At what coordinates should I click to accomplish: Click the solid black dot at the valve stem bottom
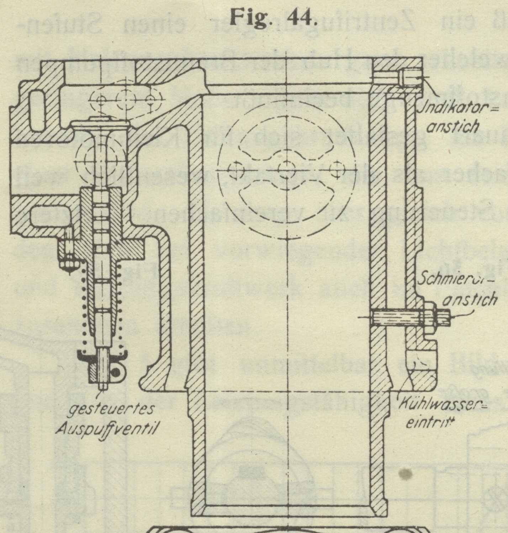(x=116, y=372)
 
